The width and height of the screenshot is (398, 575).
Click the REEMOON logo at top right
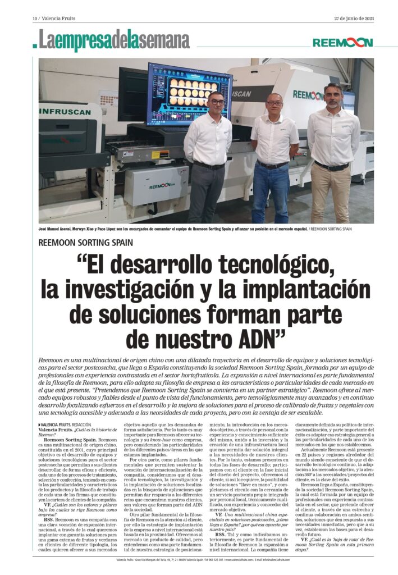(x=342, y=43)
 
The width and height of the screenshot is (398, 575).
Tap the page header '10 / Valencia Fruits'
(x=54, y=19)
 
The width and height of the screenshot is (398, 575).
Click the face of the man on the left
(x=217, y=103)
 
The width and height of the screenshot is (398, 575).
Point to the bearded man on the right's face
(x=333, y=96)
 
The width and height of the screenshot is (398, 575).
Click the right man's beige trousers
(x=331, y=194)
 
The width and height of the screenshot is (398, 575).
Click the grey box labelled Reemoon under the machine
(x=156, y=186)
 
